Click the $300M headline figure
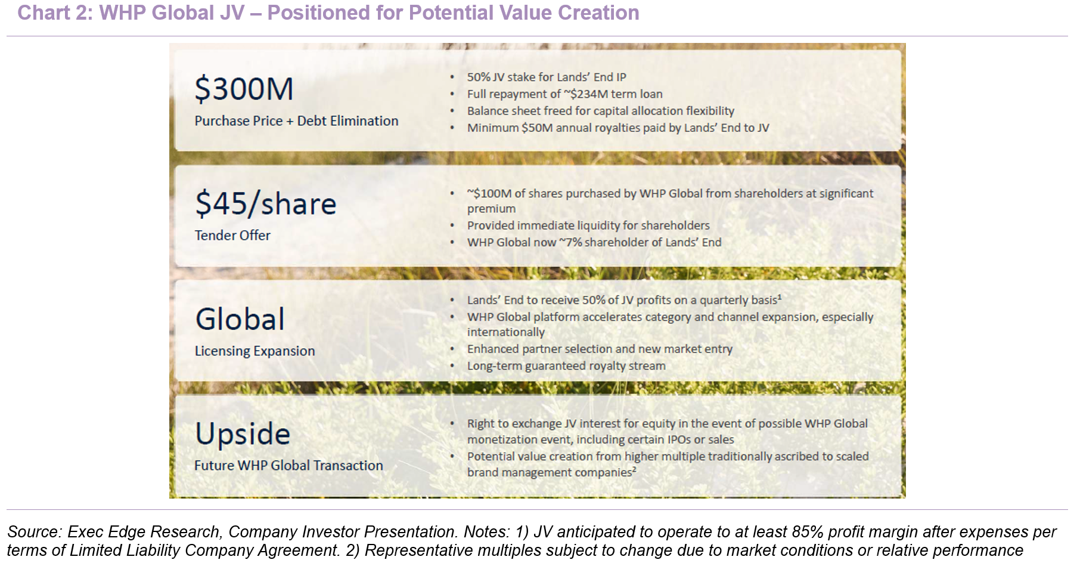coord(244,89)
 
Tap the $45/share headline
coord(266,203)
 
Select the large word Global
coord(240,319)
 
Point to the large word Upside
coord(243,434)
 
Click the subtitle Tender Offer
coord(232,236)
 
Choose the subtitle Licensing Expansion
coord(255,351)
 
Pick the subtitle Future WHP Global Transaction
coord(288,466)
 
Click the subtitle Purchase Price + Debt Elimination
coord(296,120)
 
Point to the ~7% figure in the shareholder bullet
coord(570,242)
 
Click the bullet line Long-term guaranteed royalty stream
coord(566,366)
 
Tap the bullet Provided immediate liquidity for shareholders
coord(588,225)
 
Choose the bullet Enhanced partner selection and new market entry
coord(600,349)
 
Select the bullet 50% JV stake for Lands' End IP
coord(547,77)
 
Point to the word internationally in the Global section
coord(506,332)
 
